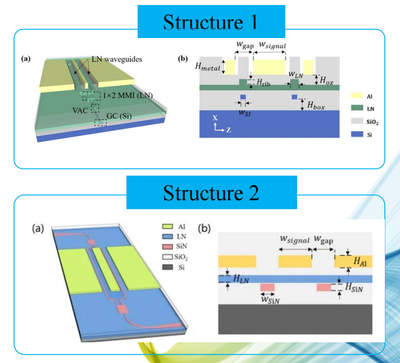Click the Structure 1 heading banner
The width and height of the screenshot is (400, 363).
(210, 22)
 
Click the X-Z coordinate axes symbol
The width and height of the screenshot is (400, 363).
(217, 125)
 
